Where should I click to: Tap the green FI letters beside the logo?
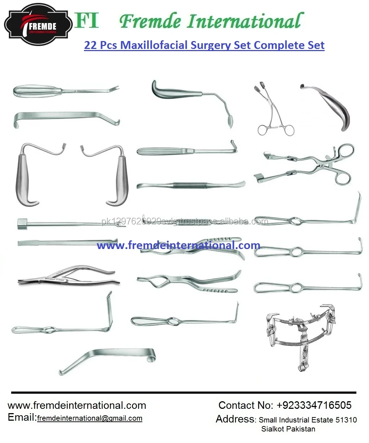pos(87,21)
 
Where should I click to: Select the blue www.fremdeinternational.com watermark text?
pos(178,245)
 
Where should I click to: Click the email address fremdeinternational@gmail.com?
pos(89,418)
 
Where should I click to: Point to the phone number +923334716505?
pos(314,405)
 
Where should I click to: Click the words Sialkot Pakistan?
pos(288,429)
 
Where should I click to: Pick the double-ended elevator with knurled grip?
pos(191,186)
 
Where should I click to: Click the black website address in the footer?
pos(77,406)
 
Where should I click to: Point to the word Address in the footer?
pos(235,419)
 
